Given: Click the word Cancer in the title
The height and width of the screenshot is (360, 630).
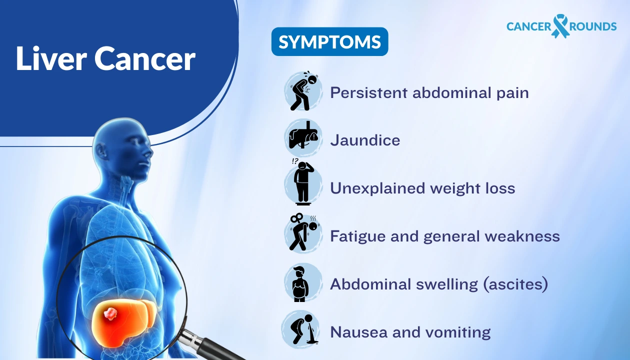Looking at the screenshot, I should pyautogui.click(x=145, y=59).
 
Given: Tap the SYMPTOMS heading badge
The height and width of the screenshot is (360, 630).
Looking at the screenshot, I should pyautogui.click(x=329, y=42).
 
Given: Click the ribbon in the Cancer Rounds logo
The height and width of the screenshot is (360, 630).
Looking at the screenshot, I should pyautogui.click(x=560, y=25).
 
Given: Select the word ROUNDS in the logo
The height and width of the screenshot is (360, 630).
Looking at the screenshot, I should pyautogui.click(x=592, y=26).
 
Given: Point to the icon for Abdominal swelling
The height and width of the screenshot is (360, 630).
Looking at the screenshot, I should pyautogui.click(x=301, y=283).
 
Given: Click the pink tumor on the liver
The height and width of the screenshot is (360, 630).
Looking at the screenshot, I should pyautogui.click(x=110, y=314).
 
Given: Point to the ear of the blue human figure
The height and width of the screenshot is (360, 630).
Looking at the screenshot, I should pyautogui.click(x=103, y=150).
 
